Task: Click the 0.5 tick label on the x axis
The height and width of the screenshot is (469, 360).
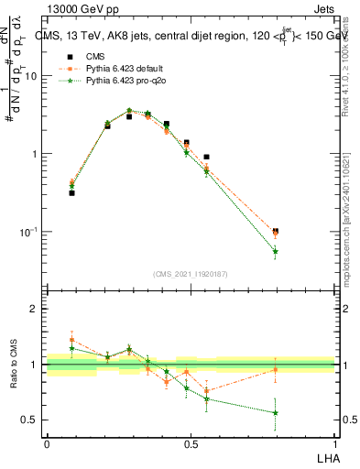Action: tap(191, 442)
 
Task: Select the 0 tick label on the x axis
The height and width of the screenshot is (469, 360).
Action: tap(47, 442)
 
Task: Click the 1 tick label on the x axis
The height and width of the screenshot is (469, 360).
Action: tap(335, 442)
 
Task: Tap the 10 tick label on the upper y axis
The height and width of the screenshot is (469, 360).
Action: tap(34, 76)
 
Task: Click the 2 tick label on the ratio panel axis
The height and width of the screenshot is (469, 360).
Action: tap(38, 309)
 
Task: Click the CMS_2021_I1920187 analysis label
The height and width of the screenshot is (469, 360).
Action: tap(191, 273)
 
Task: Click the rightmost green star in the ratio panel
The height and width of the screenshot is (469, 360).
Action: tap(276, 413)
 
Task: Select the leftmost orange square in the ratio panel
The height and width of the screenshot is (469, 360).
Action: tap(72, 340)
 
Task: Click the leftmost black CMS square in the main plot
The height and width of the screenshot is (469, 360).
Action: tap(72, 193)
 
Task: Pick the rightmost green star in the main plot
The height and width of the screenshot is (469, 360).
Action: tap(276, 251)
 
